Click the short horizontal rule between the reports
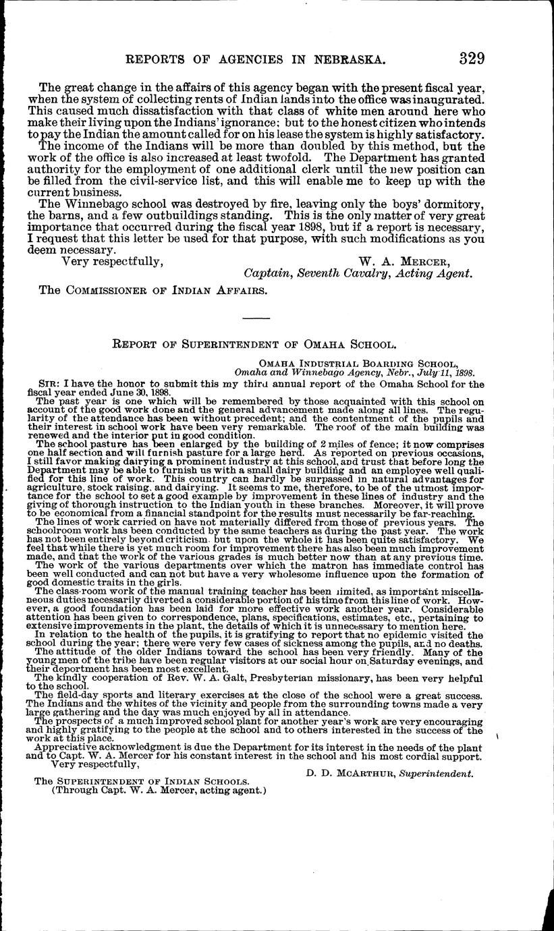click(256, 318)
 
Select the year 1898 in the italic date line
click(464, 371)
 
